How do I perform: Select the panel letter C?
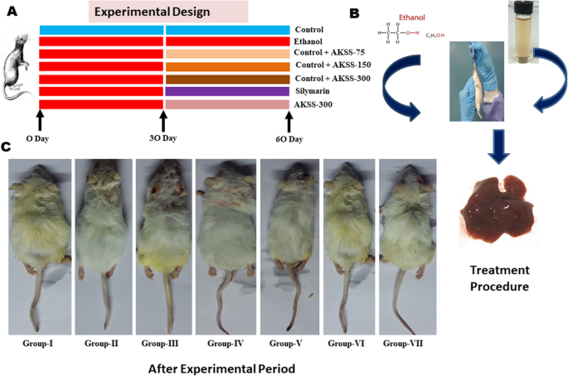[x=7, y=147]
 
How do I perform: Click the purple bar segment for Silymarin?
[x=226, y=91]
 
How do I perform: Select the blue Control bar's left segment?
[x=101, y=30]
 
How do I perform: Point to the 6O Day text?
[x=289, y=138]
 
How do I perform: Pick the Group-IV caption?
[x=226, y=342]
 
